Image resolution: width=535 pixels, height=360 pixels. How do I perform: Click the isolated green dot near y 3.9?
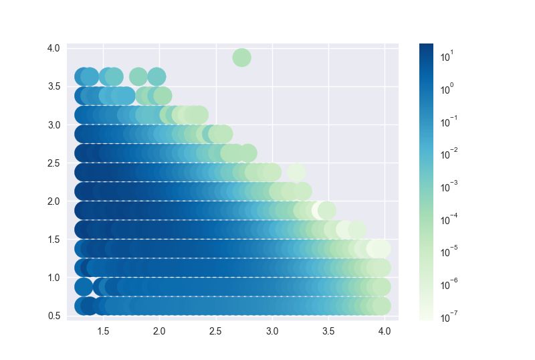(241, 58)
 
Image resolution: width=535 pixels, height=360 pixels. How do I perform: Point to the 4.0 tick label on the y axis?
(53, 48)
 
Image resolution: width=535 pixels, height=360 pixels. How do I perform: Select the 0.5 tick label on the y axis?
(53, 316)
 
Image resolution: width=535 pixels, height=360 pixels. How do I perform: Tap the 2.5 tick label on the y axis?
(53, 163)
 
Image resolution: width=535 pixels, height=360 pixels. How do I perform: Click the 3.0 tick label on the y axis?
(53, 125)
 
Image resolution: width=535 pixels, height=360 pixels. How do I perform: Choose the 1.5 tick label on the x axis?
(103, 331)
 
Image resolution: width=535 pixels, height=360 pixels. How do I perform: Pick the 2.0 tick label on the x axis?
(159, 331)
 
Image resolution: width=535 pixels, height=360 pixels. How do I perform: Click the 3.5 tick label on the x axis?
(328, 331)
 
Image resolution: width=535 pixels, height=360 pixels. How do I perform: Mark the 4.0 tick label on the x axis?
(385, 331)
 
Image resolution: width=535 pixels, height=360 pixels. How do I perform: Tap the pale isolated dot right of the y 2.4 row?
(296, 172)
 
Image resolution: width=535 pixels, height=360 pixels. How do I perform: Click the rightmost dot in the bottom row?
(381, 306)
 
